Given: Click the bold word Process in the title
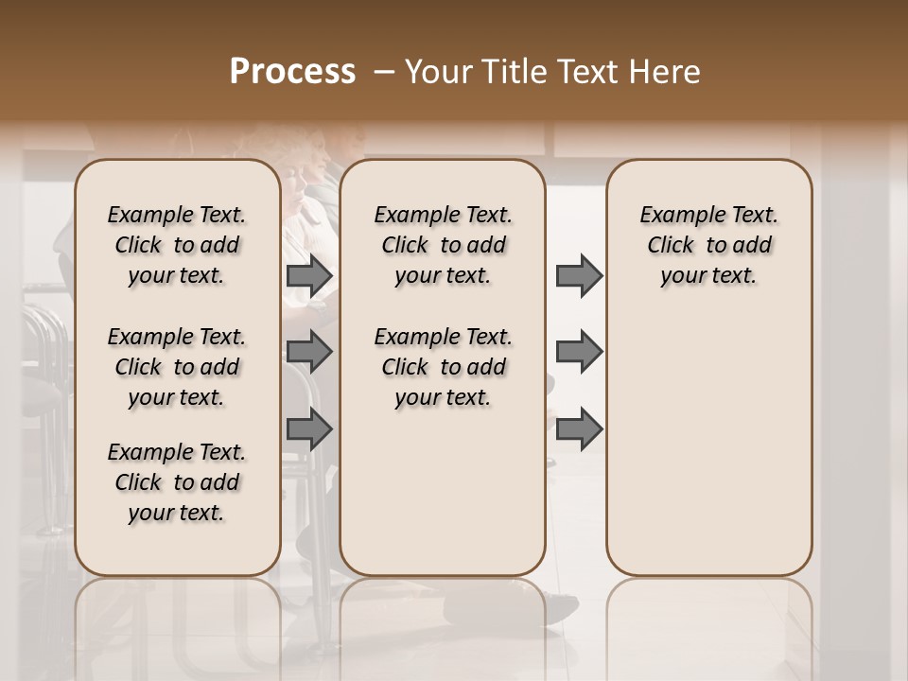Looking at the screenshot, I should tap(292, 73).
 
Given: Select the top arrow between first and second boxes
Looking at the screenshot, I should tap(309, 276).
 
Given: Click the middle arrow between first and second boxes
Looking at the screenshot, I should tap(309, 352).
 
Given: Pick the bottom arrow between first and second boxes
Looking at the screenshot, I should tap(309, 428).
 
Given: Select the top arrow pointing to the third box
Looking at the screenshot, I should tap(578, 276).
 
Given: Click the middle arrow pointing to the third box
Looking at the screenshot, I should tap(578, 352).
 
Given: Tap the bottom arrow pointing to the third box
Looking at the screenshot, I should tap(578, 428).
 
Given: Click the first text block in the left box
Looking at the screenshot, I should tap(177, 245).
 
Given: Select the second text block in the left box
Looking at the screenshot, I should tap(177, 367).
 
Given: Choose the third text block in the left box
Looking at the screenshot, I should tap(177, 482).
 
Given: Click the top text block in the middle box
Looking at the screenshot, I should tap(443, 245).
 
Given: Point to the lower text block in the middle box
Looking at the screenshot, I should tap(443, 367).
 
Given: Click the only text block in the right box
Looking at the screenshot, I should tap(708, 245).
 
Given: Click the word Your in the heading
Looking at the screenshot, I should tap(436, 73).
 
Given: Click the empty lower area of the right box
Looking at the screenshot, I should tap(708, 454).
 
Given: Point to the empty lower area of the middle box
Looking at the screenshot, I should tap(443, 501).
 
